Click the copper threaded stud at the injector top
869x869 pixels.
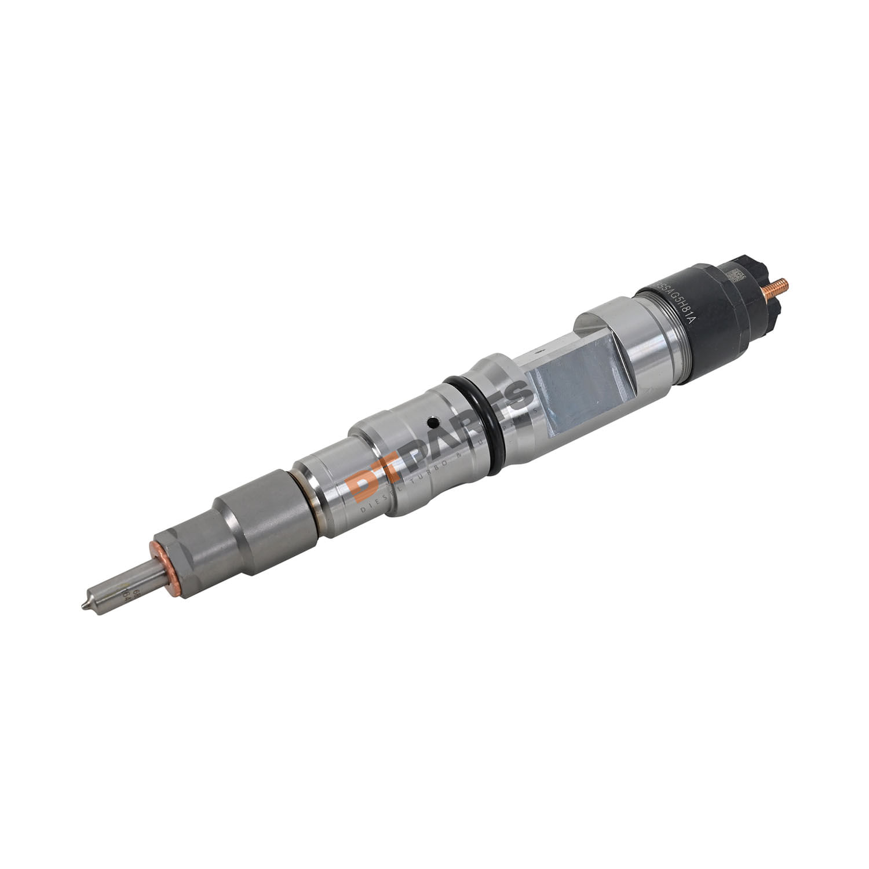click(777, 286)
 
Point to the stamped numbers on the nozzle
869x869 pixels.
click(122, 596)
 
